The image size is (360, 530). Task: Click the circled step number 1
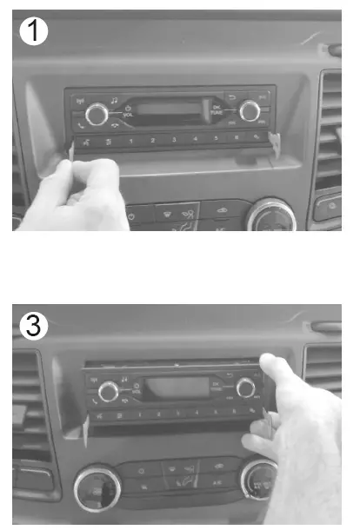(x=32, y=32)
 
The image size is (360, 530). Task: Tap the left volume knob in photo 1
(x=97, y=112)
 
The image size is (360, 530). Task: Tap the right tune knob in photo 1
(x=250, y=109)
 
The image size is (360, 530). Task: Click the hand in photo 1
(x=74, y=195)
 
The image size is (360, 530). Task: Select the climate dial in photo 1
(x=270, y=215)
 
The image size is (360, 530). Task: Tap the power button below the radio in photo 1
(x=131, y=215)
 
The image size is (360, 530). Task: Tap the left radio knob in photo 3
(x=109, y=391)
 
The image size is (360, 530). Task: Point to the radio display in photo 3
(x=176, y=388)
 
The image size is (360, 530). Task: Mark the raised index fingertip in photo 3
(x=273, y=367)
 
